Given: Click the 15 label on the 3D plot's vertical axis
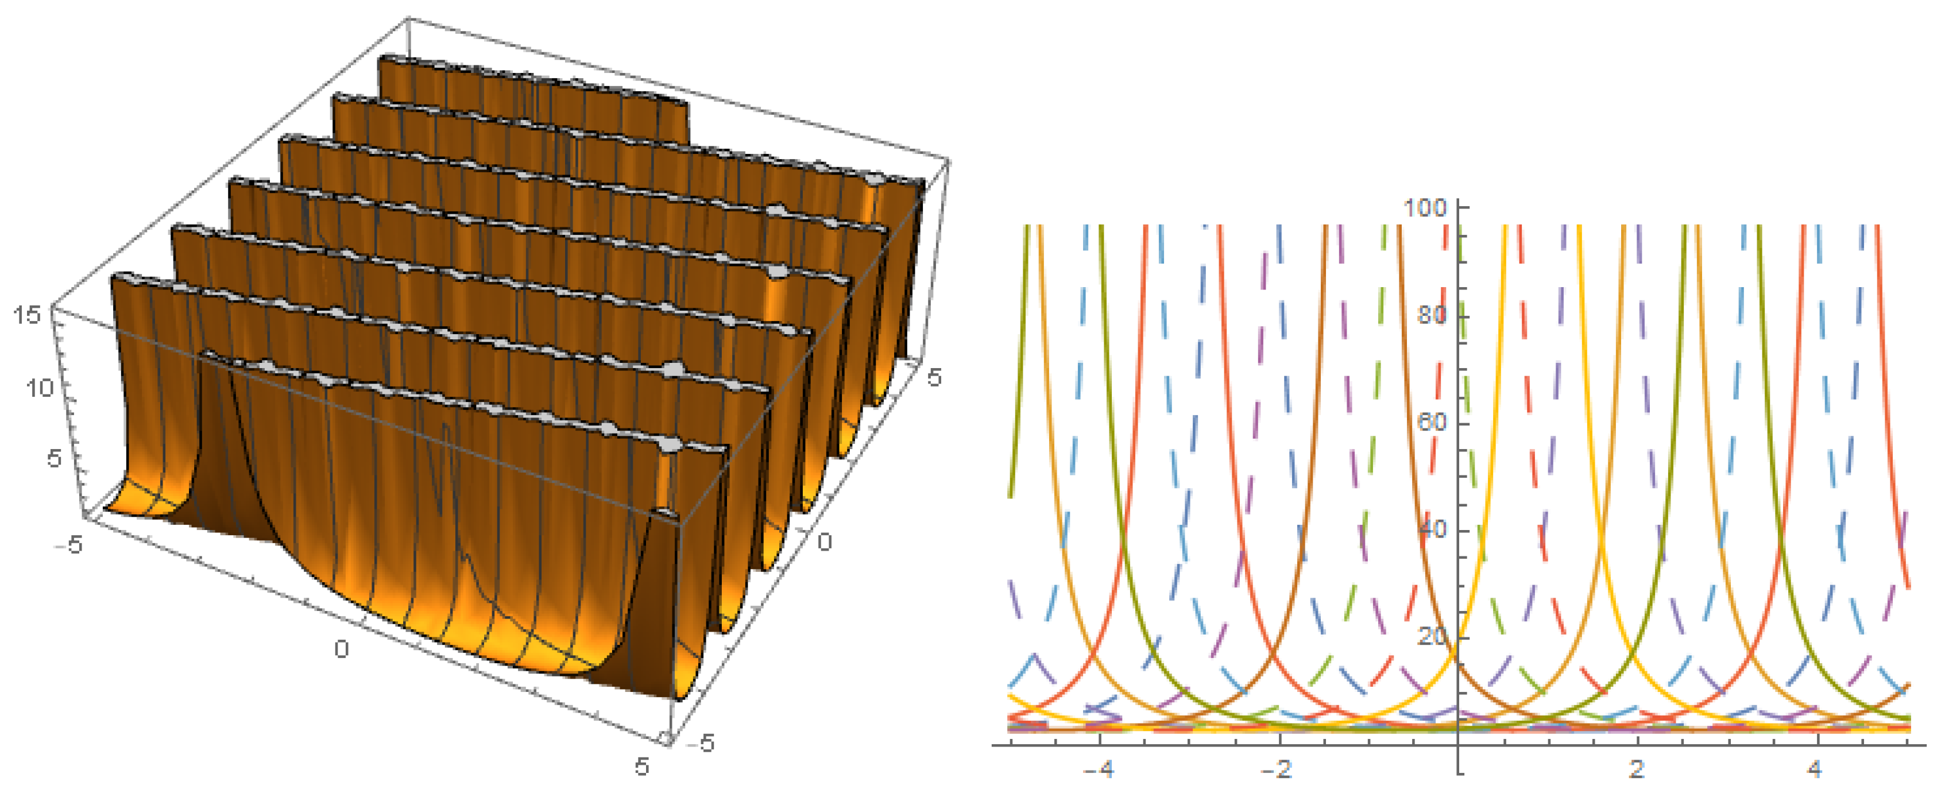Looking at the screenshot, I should [27, 315].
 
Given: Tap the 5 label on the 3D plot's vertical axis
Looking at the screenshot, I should [53, 458].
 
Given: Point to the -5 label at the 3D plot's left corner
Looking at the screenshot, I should [69, 544].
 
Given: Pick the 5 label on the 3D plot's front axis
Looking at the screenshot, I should [641, 767].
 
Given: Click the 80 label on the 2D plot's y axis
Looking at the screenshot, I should [1432, 314].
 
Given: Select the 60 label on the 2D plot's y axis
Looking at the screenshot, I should [1432, 421].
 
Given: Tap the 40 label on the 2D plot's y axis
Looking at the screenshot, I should [1432, 528].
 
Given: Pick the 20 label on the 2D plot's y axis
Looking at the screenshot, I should [1432, 636].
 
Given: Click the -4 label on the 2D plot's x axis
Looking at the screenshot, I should [1098, 770].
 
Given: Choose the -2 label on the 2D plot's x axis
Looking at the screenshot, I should [1277, 770].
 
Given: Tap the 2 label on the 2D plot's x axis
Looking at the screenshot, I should [1636, 770].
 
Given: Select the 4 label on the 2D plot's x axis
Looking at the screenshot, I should [1815, 770].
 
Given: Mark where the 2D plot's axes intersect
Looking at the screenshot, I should [1458, 744].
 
